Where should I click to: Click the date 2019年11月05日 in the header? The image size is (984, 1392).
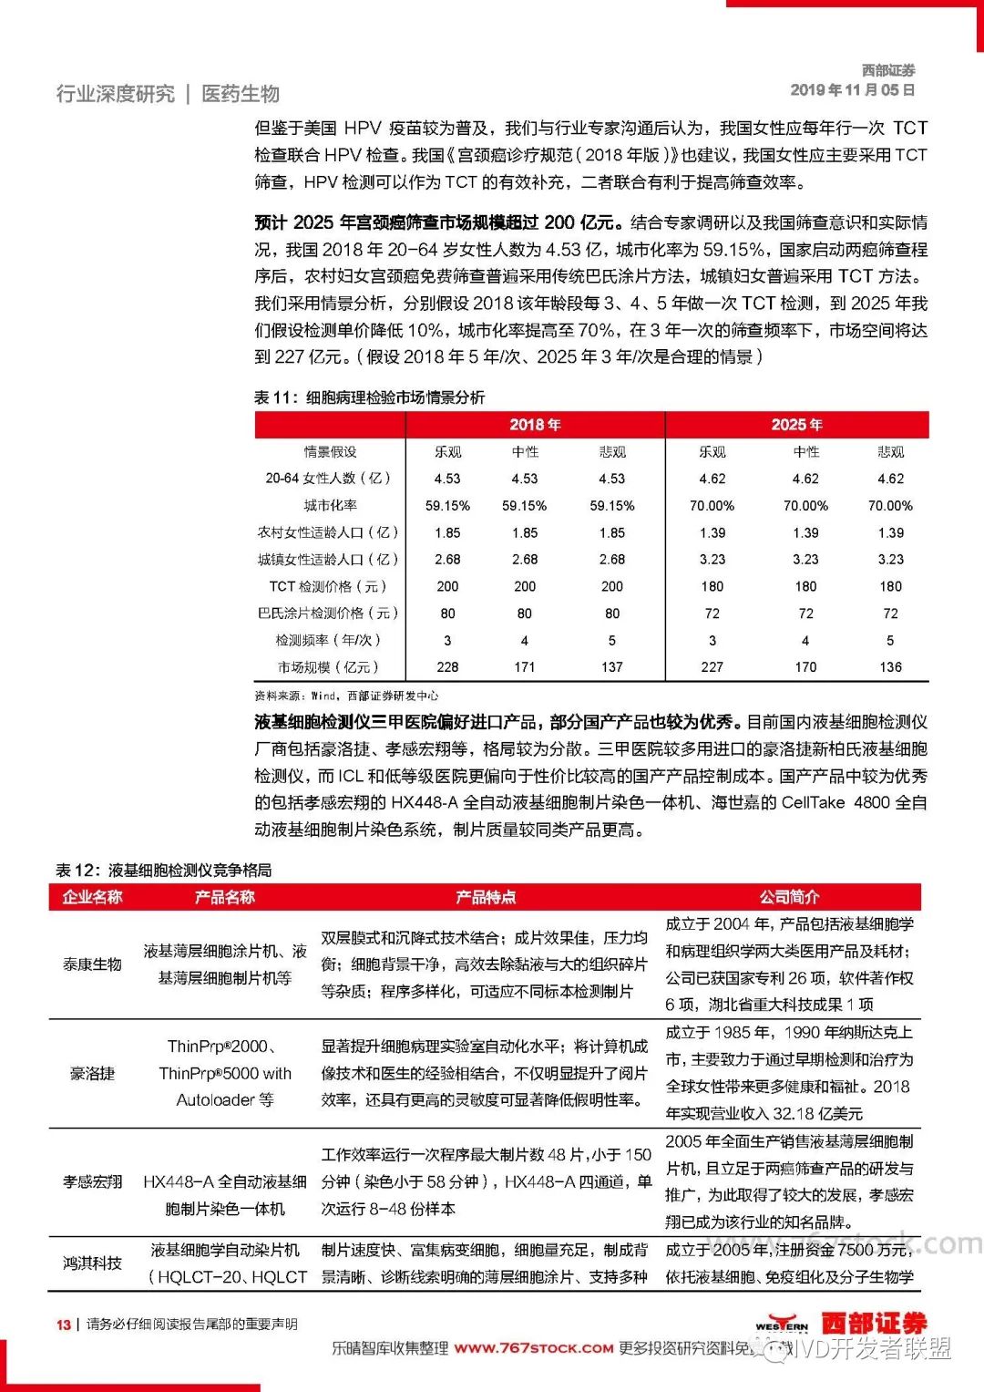(x=852, y=90)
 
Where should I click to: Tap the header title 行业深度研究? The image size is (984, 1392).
(x=115, y=94)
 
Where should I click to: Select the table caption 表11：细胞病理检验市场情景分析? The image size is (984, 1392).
(x=369, y=397)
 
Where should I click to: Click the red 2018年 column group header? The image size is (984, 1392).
(x=535, y=425)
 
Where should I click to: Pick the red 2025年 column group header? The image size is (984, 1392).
(x=796, y=425)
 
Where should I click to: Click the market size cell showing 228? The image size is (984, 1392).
(x=447, y=667)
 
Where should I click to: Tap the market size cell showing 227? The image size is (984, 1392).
(x=712, y=667)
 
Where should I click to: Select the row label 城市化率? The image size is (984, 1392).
(x=331, y=506)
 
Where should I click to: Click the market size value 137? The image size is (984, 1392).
(x=612, y=667)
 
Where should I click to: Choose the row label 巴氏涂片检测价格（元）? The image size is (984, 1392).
(x=328, y=614)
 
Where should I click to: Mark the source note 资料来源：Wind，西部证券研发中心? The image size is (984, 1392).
(x=346, y=696)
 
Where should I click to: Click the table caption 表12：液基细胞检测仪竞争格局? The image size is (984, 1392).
(x=163, y=871)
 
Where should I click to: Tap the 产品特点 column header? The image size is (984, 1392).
(x=486, y=898)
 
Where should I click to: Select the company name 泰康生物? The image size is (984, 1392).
(x=92, y=964)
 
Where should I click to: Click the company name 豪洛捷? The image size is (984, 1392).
(x=92, y=1074)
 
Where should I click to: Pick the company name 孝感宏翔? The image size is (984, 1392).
(x=92, y=1182)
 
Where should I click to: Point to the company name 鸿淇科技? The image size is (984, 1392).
(x=92, y=1263)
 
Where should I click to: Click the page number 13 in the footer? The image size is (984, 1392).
(x=63, y=1325)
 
